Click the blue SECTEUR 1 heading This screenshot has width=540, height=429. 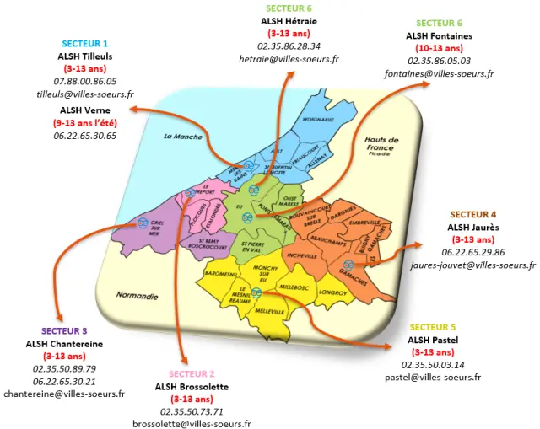pyautogui.click(x=84, y=43)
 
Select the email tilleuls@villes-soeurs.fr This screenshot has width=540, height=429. pyautogui.click(x=84, y=94)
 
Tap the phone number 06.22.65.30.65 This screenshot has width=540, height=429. pyautogui.click(x=84, y=135)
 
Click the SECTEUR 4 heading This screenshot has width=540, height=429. pyautogui.click(x=472, y=215)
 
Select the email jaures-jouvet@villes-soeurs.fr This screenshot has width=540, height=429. pyautogui.click(x=472, y=265)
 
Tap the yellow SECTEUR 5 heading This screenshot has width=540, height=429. pyautogui.click(x=432, y=327)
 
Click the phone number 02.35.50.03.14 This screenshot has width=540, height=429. pyautogui.click(x=432, y=365)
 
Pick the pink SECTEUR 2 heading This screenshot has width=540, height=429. pyautogui.click(x=191, y=373)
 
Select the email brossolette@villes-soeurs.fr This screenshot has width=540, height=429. pyautogui.click(x=191, y=424)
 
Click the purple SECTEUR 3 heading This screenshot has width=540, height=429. pyautogui.click(x=64, y=331)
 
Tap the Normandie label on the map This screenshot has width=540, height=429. pyautogui.click(x=139, y=297)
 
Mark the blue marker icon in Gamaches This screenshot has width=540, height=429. pyautogui.click(x=348, y=265)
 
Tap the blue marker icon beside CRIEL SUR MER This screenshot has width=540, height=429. pyautogui.click(x=141, y=223)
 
